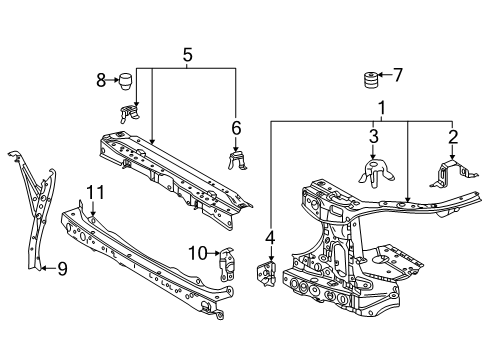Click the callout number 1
[x=379, y=106]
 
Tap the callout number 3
[x=372, y=136]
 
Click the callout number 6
[x=236, y=128]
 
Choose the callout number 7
[x=397, y=73]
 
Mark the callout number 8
[x=100, y=78]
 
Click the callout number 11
[x=94, y=192]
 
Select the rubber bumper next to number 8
[x=127, y=80]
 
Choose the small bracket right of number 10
[x=226, y=262]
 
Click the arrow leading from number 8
[x=112, y=79]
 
